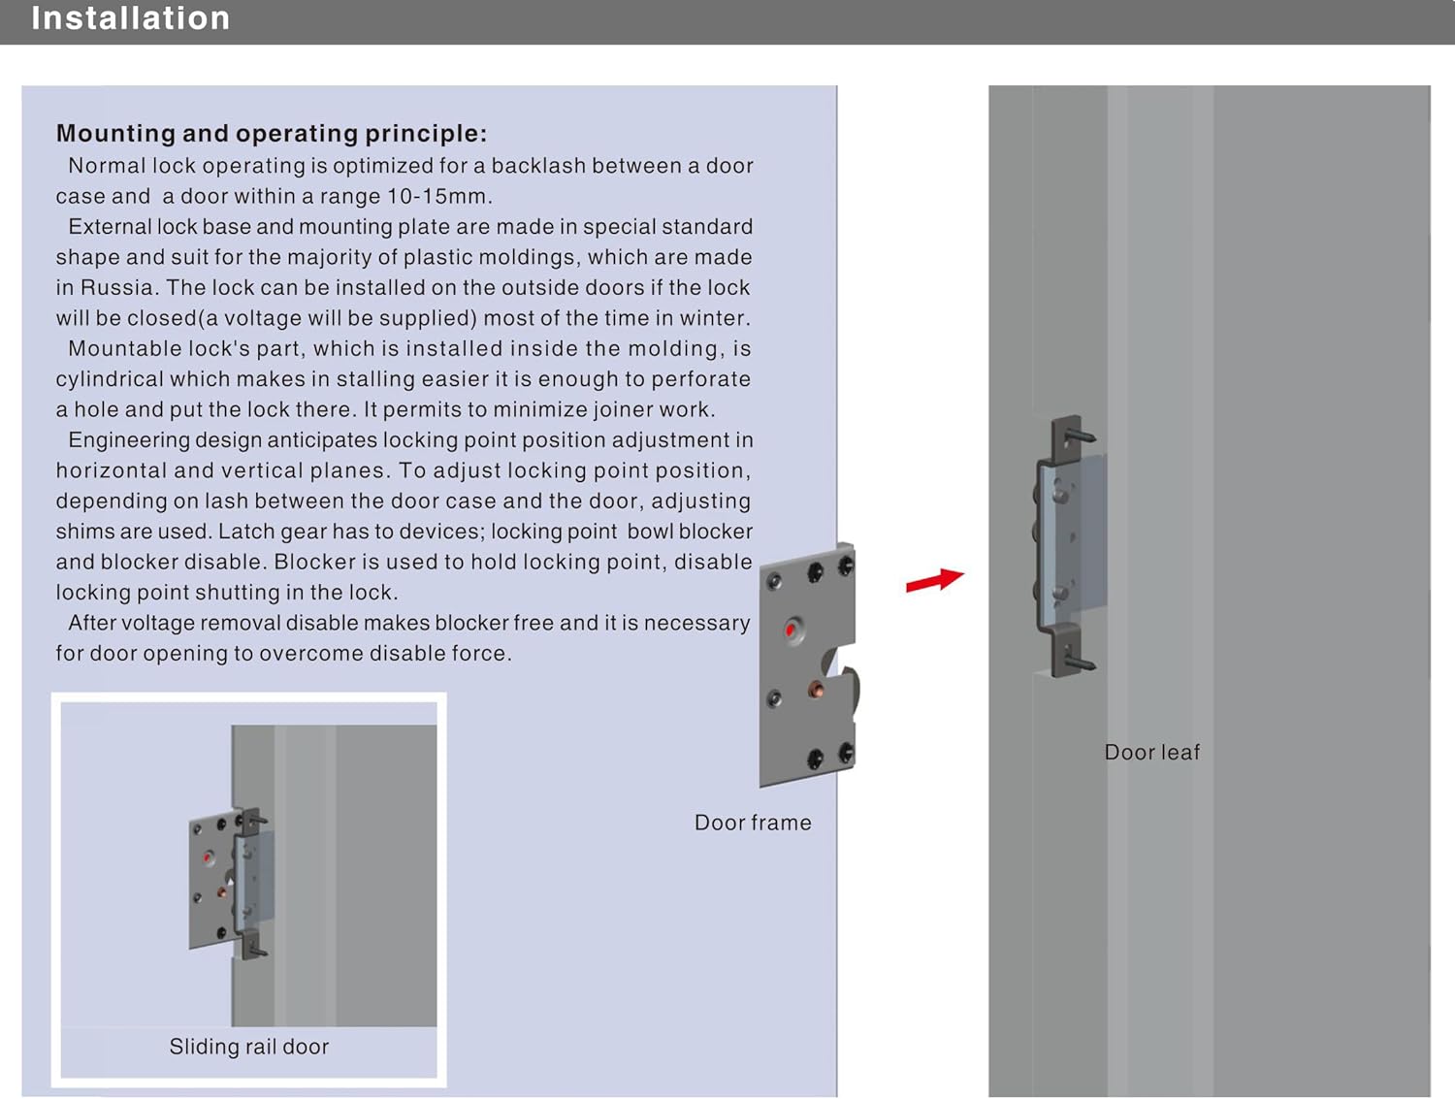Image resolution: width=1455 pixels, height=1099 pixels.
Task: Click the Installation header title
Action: point(130,18)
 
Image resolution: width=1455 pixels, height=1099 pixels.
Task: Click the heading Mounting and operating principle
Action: point(271,133)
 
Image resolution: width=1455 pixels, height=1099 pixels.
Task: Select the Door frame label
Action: point(753,823)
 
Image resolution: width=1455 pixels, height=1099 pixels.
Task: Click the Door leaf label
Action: point(1151,752)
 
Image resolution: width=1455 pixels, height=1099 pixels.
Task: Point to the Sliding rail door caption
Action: point(248,1047)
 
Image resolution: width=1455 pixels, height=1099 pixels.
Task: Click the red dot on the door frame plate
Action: point(792,630)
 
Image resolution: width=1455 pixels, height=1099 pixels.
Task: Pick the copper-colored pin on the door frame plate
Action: point(817,690)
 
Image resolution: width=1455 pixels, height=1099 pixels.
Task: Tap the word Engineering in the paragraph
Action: point(128,440)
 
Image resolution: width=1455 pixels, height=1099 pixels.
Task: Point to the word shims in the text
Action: point(83,532)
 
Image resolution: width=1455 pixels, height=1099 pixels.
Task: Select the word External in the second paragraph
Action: point(110,227)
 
